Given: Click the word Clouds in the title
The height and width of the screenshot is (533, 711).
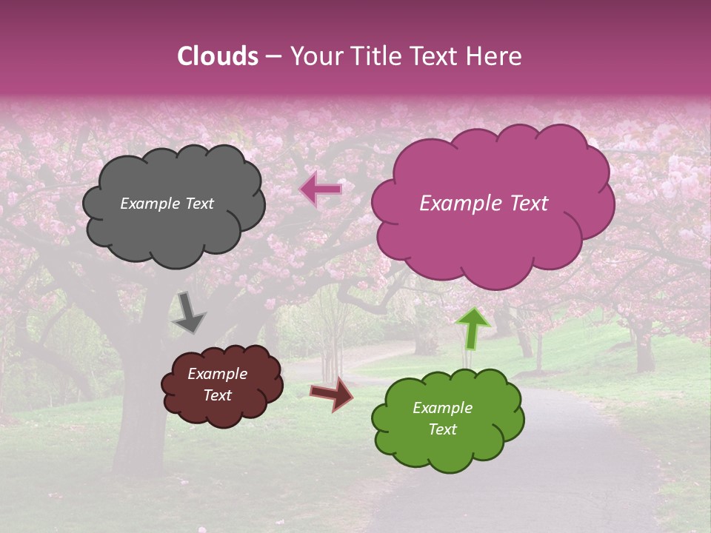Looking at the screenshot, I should click(218, 56).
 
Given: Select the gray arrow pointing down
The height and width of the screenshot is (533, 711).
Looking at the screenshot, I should click(189, 312).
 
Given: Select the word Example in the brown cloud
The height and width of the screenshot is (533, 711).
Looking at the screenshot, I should click(217, 374).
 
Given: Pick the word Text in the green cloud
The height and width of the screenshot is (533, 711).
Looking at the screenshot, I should click(442, 429).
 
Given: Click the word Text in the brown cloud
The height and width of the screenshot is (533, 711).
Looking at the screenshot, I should click(217, 395).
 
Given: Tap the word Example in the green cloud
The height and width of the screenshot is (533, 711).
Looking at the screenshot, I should click(442, 408).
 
